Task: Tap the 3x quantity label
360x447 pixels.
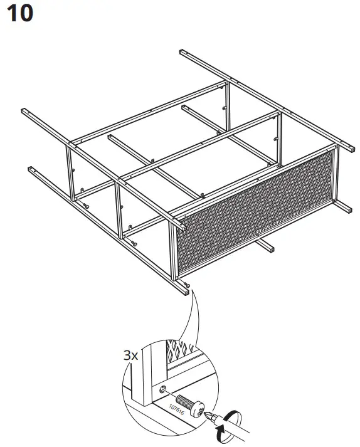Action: pyautogui.click(x=131, y=355)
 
